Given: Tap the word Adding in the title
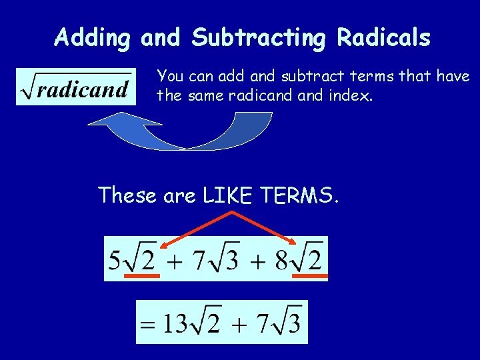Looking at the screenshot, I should tap(93, 37).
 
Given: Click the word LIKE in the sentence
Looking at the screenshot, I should tap(229, 195).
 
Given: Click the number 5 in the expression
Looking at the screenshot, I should tap(115, 258).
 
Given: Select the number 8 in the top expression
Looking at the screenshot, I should tap(282, 258).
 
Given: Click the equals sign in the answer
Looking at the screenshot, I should tap(148, 326).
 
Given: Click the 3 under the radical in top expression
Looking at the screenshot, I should tap(231, 259).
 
